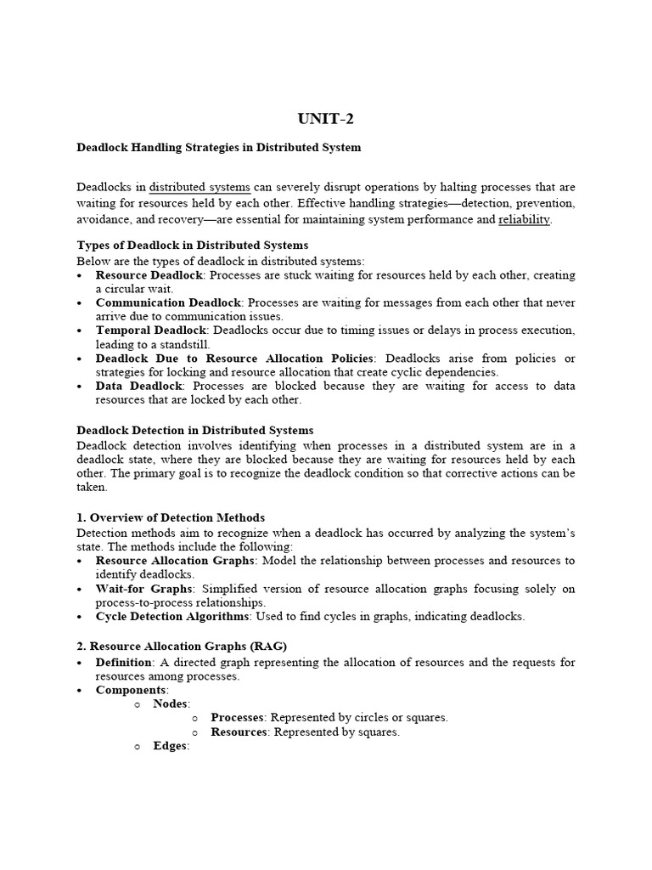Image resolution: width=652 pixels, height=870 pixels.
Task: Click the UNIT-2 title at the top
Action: point(326,118)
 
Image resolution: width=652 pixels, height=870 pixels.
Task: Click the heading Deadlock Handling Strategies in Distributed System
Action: point(218,147)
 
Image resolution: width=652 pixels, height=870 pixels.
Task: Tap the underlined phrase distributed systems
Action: point(200,187)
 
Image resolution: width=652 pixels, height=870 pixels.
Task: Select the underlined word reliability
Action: point(524,219)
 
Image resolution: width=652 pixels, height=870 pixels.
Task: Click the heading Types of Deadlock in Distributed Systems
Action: point(193,245)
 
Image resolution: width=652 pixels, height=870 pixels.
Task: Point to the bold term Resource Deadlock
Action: point(149,275)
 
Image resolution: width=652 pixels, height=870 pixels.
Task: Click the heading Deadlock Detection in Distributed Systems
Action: point(195,430)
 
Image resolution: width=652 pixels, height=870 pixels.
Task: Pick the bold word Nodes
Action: point(171,703)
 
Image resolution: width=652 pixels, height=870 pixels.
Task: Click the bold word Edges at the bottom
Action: point(169,746)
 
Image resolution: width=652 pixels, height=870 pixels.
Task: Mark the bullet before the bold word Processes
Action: point(195,718)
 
